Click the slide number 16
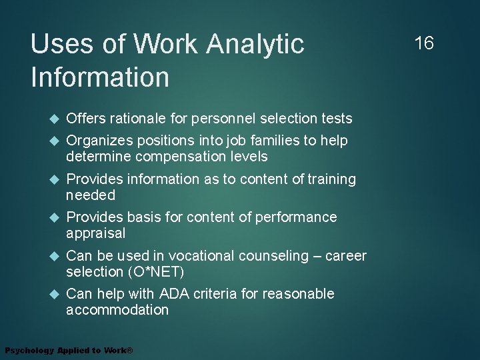[x=424, y=44]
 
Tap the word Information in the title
[x=100, y=77]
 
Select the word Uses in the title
[x=58, y=45]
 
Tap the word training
[x=331, y=179]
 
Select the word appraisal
[x=95, y=233]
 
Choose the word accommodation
[x=117, y=310]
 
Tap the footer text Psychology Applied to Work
[x=69, y=351]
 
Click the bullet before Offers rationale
[x=55, y=119]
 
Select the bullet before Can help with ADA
[x=55, y=294]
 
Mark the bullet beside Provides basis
[x=55, y=217]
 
